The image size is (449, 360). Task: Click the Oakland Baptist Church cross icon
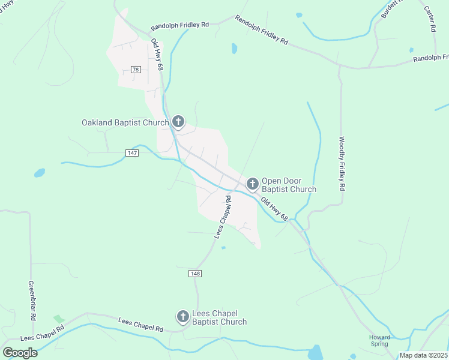point(178,122)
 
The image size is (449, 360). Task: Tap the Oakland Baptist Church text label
point(125,123)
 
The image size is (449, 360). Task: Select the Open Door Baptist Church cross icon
point(253,184)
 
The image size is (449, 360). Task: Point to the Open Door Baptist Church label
point(289,185)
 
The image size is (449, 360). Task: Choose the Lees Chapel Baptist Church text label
point(219,318)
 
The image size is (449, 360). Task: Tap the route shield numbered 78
point(136,70)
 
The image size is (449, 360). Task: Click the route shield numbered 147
point(133,153)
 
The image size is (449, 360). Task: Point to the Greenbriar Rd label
point(32,301)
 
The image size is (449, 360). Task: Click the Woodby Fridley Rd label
point(341,164)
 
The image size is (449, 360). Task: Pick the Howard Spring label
point(379,341)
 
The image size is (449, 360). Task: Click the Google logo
point(20,352)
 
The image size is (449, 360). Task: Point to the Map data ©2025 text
point(423,355)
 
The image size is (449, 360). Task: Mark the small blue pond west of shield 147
point(40,173)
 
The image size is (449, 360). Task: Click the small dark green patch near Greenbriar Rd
point(58,318)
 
